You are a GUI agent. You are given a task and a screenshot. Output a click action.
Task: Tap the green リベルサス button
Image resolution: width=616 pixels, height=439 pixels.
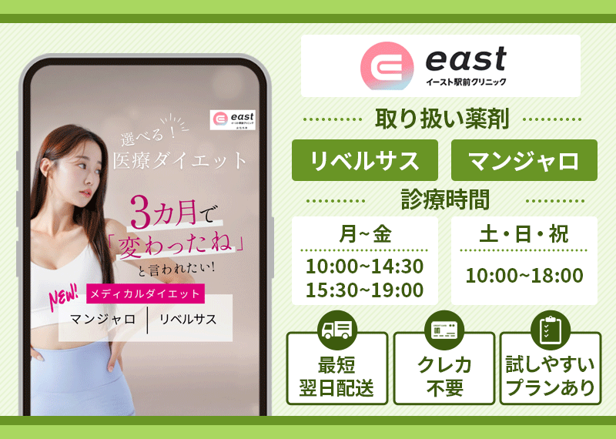[365, 161]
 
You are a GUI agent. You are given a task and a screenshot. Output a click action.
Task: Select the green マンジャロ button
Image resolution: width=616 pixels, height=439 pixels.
[524, 161]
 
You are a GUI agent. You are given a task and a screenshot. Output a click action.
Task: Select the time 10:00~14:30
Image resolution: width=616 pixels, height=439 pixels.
[365, 266]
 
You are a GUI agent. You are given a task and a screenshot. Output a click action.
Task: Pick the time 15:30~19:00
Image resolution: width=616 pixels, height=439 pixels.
[365, 290]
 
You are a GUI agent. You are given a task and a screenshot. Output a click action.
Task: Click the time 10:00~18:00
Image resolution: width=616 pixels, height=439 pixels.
[524, 275]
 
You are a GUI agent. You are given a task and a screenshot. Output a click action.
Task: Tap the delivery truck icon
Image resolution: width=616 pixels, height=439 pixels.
[337, 330]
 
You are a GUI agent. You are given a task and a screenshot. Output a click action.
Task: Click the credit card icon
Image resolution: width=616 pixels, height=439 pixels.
[444, 330]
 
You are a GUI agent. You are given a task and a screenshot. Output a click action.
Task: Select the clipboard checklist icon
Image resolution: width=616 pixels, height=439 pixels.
[550, 330]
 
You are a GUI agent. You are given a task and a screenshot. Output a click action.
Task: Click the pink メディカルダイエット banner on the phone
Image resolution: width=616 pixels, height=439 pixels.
[146, 293]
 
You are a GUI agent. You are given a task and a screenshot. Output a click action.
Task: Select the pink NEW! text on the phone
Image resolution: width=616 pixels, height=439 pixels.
[64, 297]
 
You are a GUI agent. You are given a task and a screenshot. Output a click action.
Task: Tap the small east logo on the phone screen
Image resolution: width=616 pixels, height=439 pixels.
[232, 120]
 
